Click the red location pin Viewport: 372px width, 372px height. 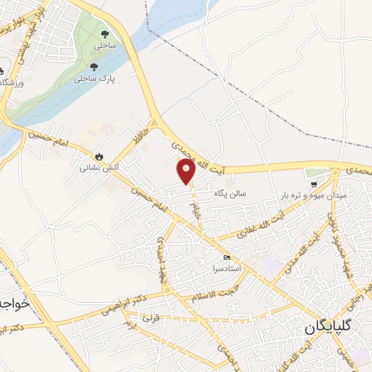(x=186, y=172)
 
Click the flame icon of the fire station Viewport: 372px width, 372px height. (x=98, y=156)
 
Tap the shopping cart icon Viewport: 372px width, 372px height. (x=313, y=185)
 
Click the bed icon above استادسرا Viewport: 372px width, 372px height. (x=227, y=258)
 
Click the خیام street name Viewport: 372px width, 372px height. (x=195, y=210)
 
